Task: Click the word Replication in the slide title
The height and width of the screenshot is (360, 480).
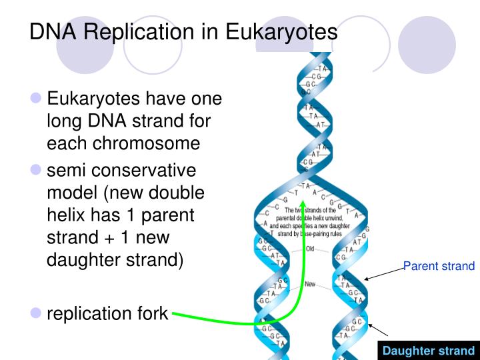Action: coord(139,31)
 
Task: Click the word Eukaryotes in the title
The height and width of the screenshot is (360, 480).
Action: coord(281,31)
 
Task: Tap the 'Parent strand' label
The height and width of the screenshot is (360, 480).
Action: coord(439,267)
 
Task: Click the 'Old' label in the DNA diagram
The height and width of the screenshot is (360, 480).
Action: coord(309,249)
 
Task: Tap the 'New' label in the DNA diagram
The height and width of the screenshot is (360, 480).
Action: coord(310,284)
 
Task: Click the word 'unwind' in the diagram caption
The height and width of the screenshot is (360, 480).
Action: coord(343,218)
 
